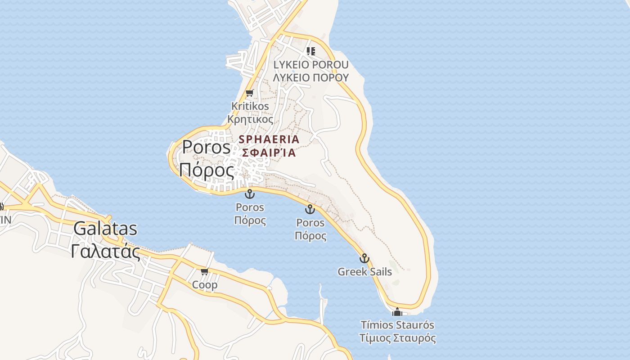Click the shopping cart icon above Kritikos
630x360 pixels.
pyautogui.click(x=249, y=93)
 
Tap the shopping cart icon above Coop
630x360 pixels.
pyautogui.click(x=205, y=271)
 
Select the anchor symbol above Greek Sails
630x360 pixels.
pyautogui.click(x=364, y=258)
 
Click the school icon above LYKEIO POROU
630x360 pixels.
pyautogui.click(x=310, y=51)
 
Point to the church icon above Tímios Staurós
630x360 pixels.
pyautogui.click(x=397, y=311)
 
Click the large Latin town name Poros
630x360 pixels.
pyautogui.click(x=206, y=148)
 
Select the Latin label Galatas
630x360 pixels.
pyautogui.click(x=105, y=229)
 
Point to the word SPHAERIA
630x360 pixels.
pyautogui.click(x=269, y=139)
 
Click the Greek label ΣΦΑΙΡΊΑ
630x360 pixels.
pyautogui.click(x=269, y=153)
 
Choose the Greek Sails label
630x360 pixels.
pyautogui.click(x=364, y=272)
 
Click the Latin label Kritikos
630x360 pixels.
pyautogui.click(x=250, y=107)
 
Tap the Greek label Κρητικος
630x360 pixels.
pyautogui.click(x=250, y=120)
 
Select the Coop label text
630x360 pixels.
pyautogui.click(x=205, y=285)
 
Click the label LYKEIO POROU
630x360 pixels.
pyautogui.click(x=311, y=65)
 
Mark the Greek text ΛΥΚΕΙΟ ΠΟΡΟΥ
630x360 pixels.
pyautogui.click(x=311, y=77)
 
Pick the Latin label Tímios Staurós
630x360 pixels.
pyautogui.click(x=397, y=325)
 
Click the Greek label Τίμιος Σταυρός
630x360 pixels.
pyautogui.click(x=397, y=338)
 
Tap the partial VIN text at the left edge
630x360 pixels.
pyautogui.click(x=5, y=220)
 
